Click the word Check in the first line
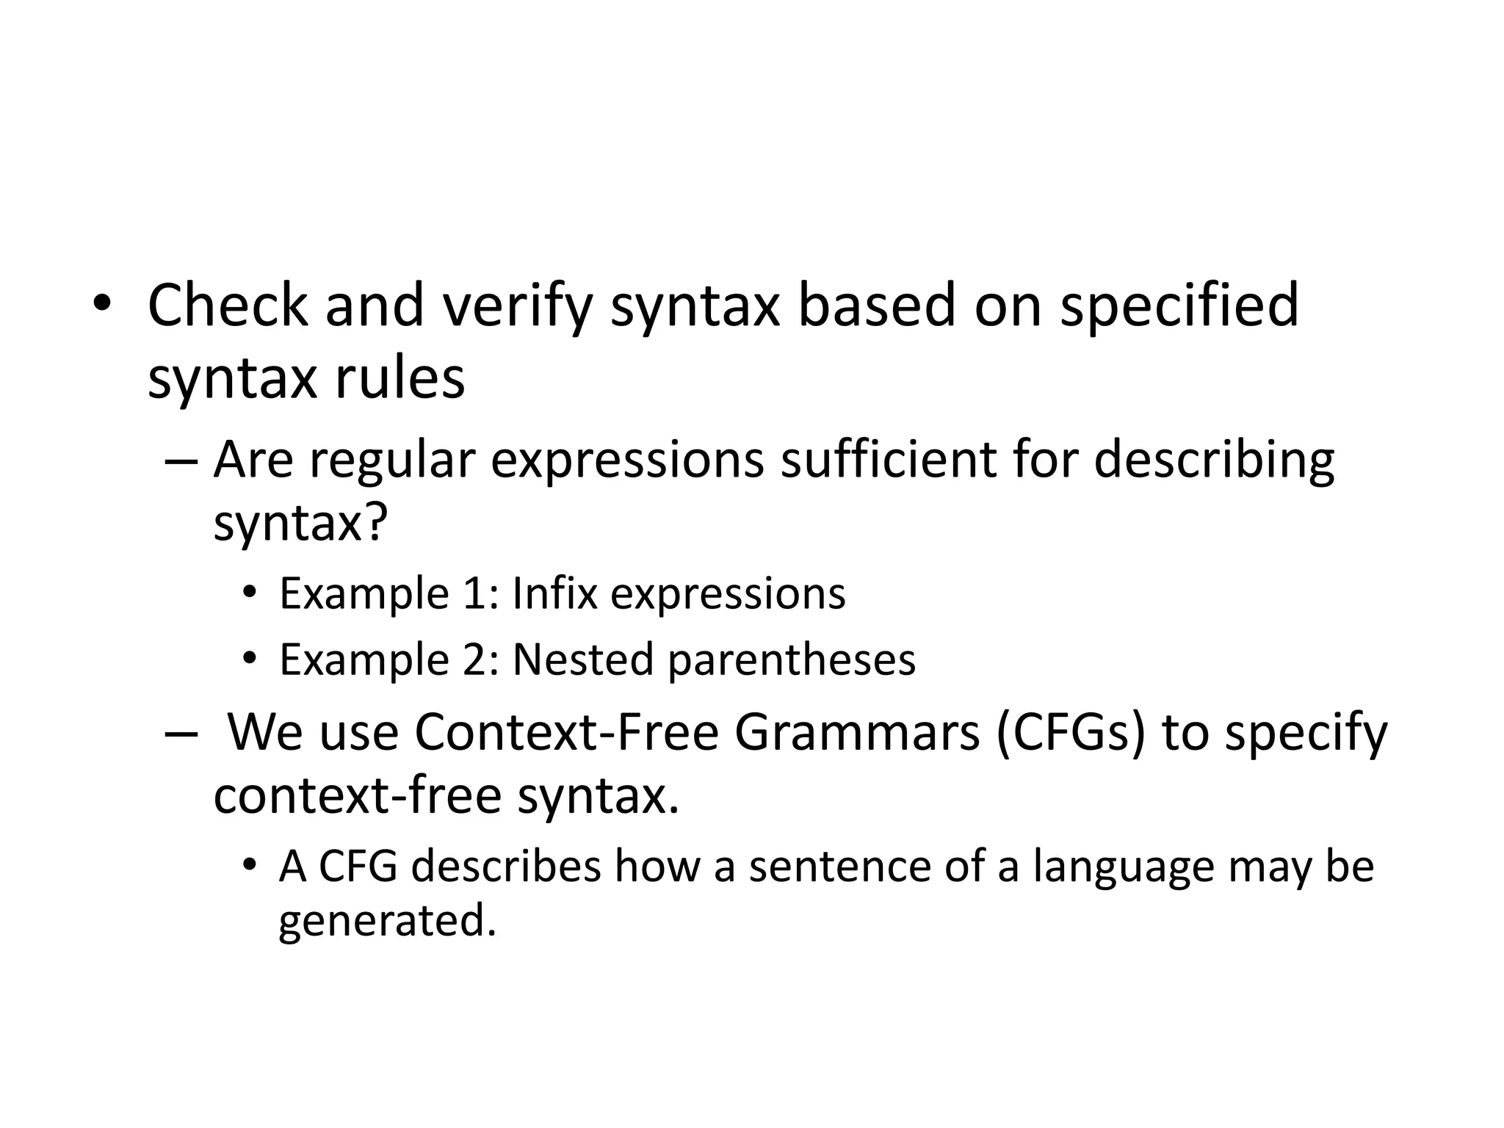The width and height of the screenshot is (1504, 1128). (228, 305)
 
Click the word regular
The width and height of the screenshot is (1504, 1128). (392, 461)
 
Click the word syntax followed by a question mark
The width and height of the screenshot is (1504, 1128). (300, 523)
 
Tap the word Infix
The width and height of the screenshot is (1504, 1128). (554, 593)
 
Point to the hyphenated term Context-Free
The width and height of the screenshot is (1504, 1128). (566, 733)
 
